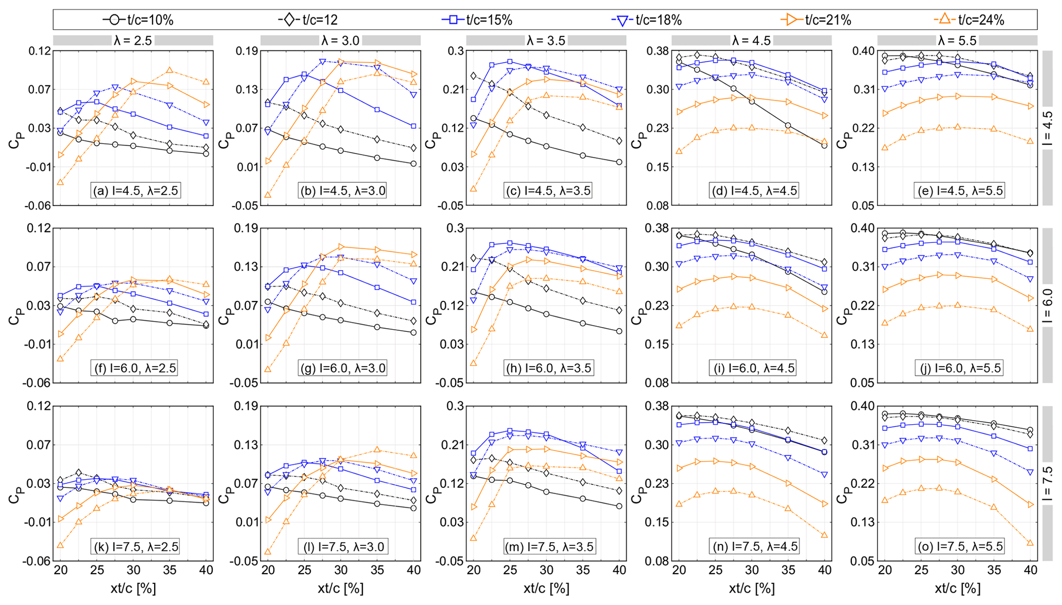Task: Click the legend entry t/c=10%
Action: point(139,20)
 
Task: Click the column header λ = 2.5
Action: point(133,41)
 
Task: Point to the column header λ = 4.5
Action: point(752,41)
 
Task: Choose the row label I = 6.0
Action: point(1048,305)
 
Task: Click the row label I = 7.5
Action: point(1048,483)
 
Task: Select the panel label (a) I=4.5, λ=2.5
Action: point(135,191)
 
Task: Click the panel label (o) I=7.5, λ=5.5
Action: point(960,546)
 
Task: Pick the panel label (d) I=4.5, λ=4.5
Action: point(754,191)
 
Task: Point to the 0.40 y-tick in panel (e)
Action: point(863,51)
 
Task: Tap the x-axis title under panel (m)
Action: point(546,589)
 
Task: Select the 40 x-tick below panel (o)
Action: point(1030,570)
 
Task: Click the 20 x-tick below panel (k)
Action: point(60,570)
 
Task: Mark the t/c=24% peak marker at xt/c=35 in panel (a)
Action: point(170,70)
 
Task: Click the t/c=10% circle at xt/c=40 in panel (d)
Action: point(825,145)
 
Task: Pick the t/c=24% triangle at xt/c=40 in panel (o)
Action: point(1030,542)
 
